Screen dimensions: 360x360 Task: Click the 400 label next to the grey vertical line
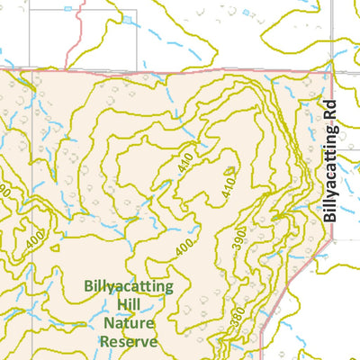click(34, 241)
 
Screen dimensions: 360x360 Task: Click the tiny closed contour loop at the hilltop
click(229, 169)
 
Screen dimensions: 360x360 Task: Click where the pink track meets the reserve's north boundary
click(79, 69)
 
